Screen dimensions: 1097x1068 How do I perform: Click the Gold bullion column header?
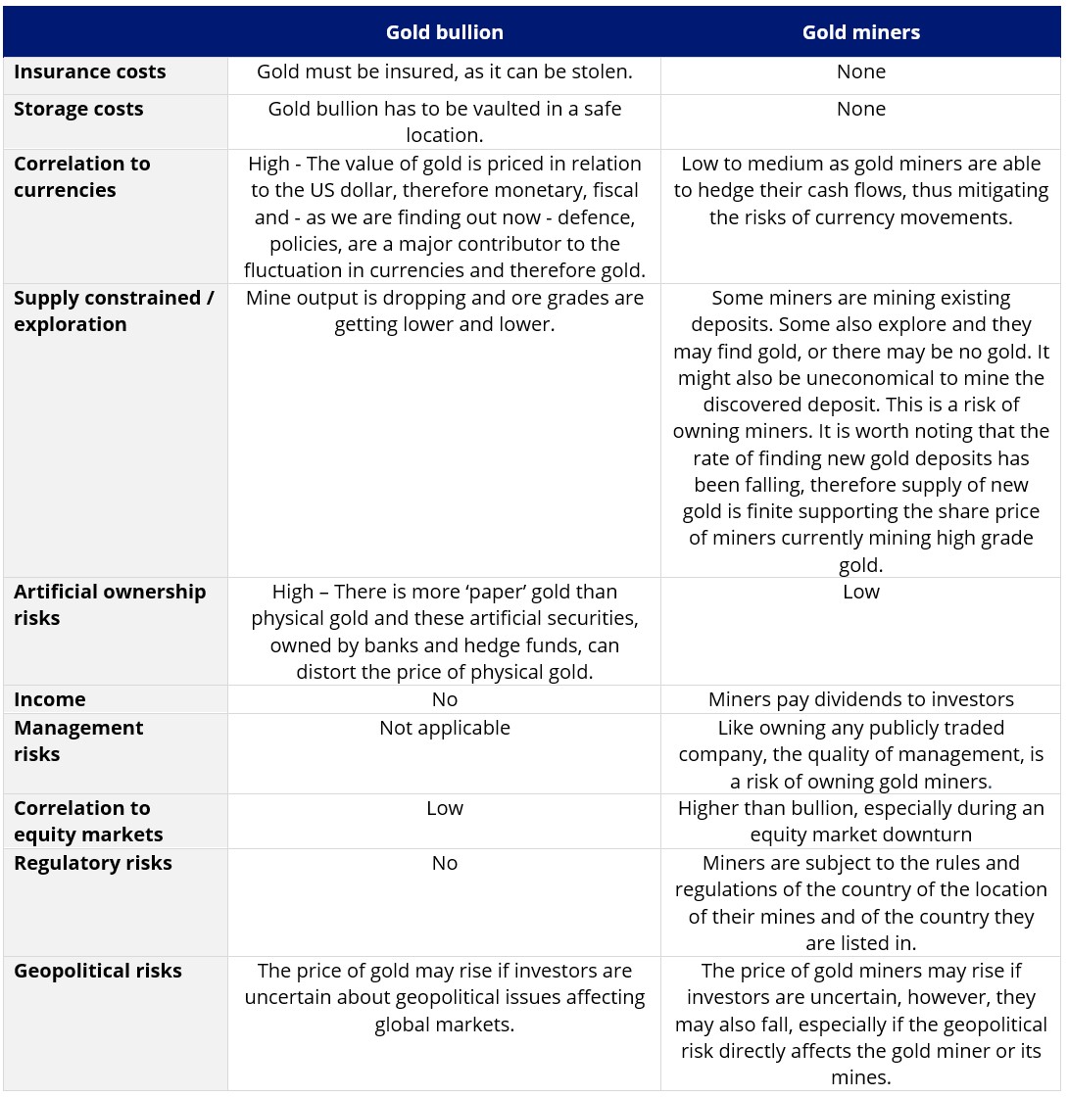[444, 32]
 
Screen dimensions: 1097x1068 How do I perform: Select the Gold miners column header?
[860, 32]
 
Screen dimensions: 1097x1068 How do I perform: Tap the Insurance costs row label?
[90, 72]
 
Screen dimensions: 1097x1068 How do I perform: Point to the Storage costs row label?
[78, 109]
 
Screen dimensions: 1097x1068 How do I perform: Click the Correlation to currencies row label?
[82, 176]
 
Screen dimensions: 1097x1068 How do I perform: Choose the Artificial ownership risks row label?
[110, 604]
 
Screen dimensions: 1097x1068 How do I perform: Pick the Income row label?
[50, 699]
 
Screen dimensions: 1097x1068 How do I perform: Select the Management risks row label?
[78, 740]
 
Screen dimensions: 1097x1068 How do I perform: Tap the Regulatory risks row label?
[93, 863]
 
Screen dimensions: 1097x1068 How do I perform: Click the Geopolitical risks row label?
[98, 971]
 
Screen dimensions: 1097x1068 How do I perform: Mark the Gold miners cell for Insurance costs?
[860, 72]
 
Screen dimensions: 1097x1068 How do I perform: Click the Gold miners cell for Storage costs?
[860, 109]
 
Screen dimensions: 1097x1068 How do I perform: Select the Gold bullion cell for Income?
[444, 699]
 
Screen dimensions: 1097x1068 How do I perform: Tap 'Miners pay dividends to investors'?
[860, 699]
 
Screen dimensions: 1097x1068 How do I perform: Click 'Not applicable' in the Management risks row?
[444, 728]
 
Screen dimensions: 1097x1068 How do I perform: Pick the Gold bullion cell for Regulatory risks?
[444, 863]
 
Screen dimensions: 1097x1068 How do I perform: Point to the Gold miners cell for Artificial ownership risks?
[860, 592]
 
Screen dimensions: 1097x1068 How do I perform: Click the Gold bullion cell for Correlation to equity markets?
[444, 808]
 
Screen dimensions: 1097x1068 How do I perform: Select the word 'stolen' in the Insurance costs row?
[602, 72]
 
